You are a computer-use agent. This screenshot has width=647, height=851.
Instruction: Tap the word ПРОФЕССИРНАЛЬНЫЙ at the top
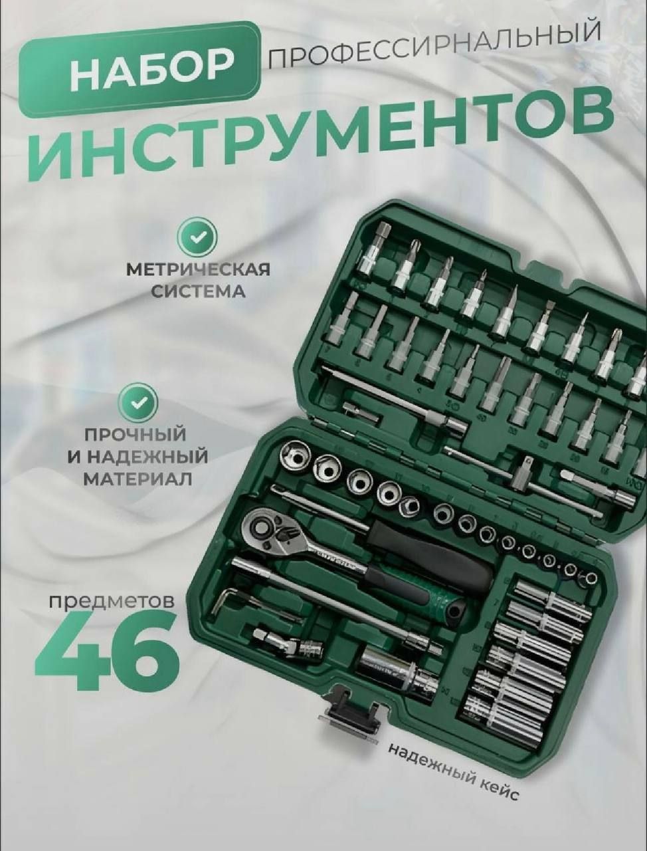[x=433, y=43]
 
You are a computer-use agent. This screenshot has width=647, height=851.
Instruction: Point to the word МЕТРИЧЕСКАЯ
[x=198, y=270]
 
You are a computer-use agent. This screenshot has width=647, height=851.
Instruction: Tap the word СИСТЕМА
[x=197, y=291]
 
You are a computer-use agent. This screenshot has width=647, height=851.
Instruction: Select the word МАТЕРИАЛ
[x=138, y=479]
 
